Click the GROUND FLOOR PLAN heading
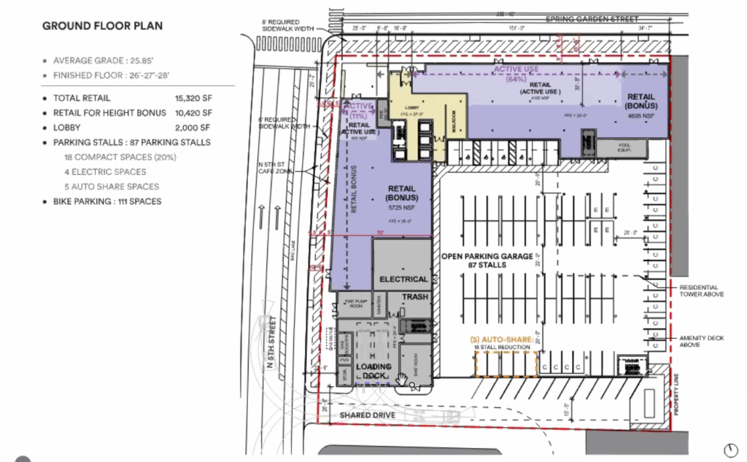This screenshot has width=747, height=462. [102, 26]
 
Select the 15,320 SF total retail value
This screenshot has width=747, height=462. [194, 98]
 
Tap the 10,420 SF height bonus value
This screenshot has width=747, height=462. [194, 113]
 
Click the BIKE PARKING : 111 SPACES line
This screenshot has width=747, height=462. [107, 201]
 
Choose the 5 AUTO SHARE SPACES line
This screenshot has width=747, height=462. [112, 187]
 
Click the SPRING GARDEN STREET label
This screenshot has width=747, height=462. [592, 19]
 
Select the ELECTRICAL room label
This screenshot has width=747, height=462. [403, 279]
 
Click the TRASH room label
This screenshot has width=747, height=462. [414, 297]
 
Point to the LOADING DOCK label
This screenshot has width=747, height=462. [373, 371]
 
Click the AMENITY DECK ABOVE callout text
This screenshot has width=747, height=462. [700, 341]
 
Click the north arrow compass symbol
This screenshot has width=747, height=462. [731, 448]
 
